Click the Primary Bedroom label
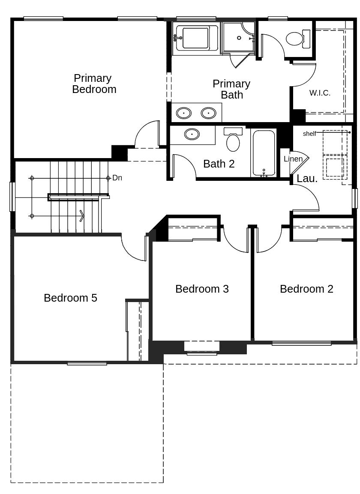(94, 84)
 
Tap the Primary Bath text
(231, 89)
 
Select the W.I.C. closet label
(320, 93)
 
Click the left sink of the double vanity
(184, 113)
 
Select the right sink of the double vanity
(208, 113)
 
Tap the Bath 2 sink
(192, 134)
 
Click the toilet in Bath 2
(233, 140)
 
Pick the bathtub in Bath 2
(264, 153)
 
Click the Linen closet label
(293, 159)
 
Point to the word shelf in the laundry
(309, 134)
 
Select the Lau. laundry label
(307, 179)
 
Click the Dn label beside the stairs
(117, 178)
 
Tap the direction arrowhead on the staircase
(81, 216)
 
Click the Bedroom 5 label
(70, 298)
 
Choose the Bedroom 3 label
(202, 289)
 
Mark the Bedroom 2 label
(306, 289)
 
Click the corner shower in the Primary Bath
(238, 38)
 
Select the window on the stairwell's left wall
(12, 197)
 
